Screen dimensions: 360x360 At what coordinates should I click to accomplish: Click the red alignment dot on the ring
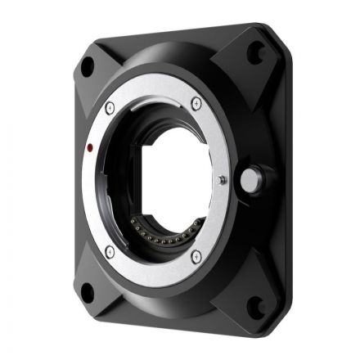(x=86, y=149)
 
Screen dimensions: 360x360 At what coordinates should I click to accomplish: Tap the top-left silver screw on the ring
(x=110, y=106)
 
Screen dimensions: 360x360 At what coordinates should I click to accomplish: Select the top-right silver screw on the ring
(x=196, y=102)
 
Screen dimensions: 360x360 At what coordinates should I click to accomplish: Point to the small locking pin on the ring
(x=223, y=178)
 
